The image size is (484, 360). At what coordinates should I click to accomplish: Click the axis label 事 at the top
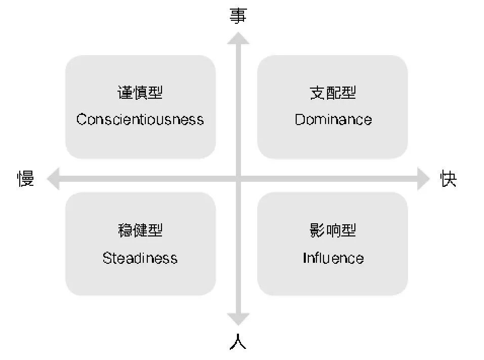pos(238,16)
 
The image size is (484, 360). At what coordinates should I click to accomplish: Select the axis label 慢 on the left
pos(26,179)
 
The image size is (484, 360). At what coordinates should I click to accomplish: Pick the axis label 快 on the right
pos(449,179)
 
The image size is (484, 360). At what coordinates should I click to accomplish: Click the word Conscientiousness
pos(140,119)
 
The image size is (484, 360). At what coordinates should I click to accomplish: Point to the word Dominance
pos(333,119)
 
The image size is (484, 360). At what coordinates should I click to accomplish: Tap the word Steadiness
pos(140,258)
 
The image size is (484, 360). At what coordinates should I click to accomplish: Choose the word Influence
pos(333,258)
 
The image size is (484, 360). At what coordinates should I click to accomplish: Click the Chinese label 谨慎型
pos(140,93)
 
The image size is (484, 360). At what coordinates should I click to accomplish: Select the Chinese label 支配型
pos(333,93)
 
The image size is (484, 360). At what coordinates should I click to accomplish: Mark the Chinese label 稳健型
pos(140,231)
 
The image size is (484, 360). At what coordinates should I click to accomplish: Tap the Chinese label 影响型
pos(333,231)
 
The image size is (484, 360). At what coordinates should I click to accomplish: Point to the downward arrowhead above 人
pos(238,318)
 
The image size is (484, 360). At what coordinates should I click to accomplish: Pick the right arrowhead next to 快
pos(423,179)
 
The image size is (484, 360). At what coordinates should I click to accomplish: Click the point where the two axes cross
pos(238,179)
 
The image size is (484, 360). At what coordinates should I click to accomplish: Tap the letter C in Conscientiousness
pos(82,119)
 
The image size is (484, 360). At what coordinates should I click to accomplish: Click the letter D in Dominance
pos(299,119)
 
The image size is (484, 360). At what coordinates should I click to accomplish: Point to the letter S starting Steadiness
pos(107,258)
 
